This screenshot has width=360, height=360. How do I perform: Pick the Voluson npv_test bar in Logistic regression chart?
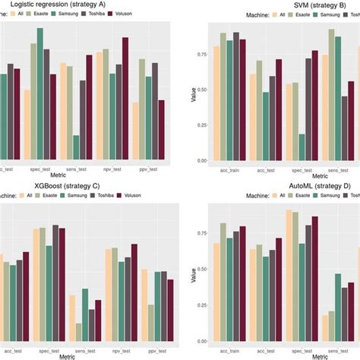pos(125,99)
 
